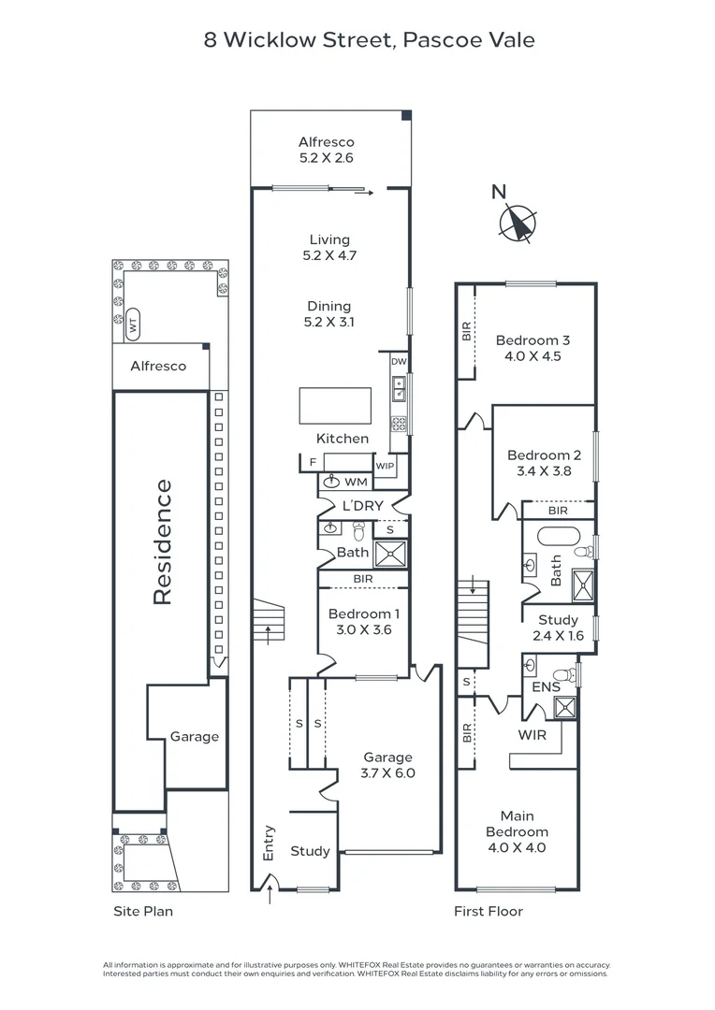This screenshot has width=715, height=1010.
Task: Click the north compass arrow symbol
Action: click(518, 224)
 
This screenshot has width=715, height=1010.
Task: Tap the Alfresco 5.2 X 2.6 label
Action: click(327, 150)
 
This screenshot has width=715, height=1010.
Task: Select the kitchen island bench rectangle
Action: click(335, 405)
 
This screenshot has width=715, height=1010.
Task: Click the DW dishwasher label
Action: click(399, 361)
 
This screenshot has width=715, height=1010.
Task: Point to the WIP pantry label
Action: click(385, 466)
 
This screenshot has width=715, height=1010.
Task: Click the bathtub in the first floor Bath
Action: click(559, 537)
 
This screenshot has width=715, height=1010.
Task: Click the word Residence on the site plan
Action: click(163, 541)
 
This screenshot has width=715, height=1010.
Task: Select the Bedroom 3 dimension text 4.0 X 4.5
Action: click(533, 356)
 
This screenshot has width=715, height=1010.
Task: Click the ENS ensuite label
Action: click(547, 687)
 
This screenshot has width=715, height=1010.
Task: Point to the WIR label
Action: click(532, 735)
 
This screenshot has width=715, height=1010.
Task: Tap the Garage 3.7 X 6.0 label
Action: click(387, 765)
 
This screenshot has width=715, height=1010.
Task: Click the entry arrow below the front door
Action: click(270, 895)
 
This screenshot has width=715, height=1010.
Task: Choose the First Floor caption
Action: click(489, 911)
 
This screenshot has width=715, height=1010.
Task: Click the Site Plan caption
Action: click(143, 912)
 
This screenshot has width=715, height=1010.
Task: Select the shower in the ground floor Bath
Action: click(391, 554)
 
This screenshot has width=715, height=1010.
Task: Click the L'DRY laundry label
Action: click(363, 506)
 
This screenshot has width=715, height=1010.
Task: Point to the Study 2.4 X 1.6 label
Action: click(559, 628)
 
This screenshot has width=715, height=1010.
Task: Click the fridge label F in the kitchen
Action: click(313, 463)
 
